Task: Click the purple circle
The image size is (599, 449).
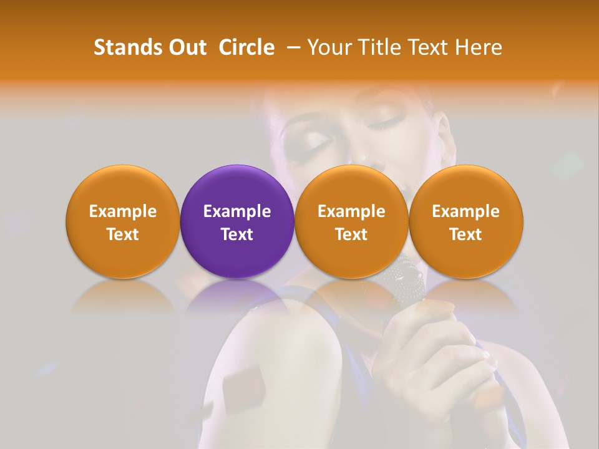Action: click(236, 221)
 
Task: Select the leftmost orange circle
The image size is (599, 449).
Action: click(122, 221)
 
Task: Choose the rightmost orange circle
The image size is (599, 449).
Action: click(465, 221)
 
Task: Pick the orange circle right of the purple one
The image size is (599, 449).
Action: click(351, 221)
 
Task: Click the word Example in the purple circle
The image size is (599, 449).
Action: click(236, 211)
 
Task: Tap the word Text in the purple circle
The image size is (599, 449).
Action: click(236, 234)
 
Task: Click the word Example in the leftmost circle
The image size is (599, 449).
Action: click(122, 211)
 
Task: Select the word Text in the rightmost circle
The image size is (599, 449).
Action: click(465, 234)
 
